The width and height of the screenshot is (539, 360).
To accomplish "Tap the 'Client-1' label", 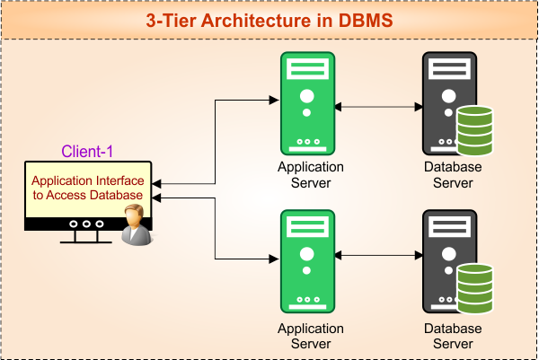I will click(x=87, y=152).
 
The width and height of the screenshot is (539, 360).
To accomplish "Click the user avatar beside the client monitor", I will click(x=136, y=224).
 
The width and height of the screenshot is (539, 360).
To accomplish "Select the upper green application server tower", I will click(x=306, y=103).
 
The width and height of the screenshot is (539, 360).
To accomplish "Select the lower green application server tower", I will click(x=306, y=261).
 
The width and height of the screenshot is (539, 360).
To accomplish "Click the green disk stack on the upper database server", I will click(x=474, y=129).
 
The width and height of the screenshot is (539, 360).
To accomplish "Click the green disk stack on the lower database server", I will click(x=474, y=287).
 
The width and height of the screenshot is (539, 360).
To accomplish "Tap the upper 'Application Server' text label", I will click(x=311, y=175).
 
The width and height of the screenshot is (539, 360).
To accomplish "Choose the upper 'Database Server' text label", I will click(x=453, y=175).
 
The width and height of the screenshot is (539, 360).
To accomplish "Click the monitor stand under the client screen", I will click(x=86, y=237).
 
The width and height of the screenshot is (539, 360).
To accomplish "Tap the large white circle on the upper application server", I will click(x=306, y=96).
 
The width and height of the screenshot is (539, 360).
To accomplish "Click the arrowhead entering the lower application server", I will click(x=275, y=259).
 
